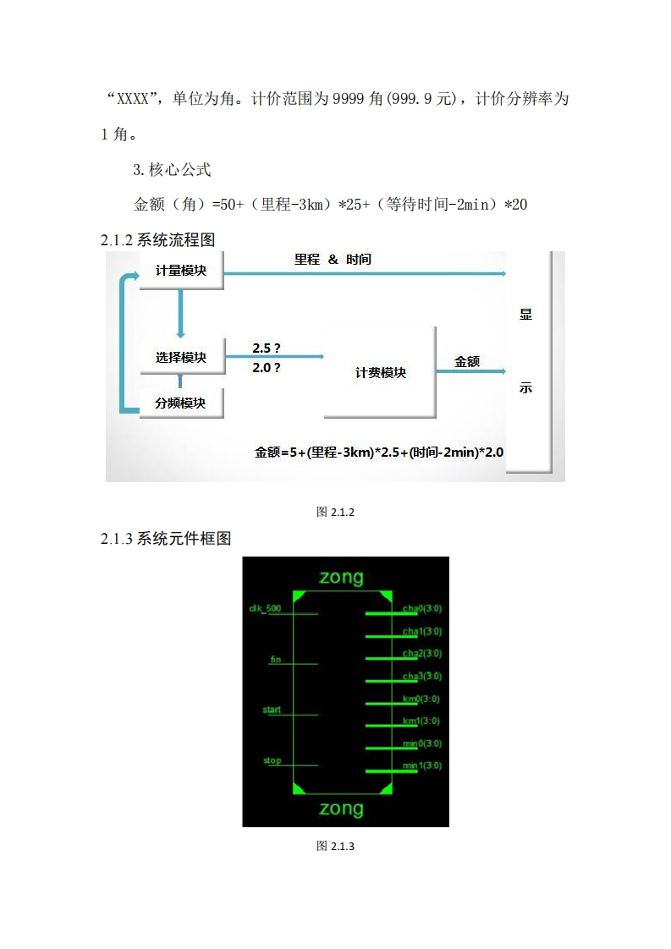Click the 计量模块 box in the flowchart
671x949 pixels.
[181, 271]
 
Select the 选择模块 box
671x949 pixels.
[181, 358]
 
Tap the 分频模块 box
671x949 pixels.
[181, 403]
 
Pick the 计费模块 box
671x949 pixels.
[380, 372]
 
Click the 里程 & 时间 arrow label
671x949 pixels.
[333, 260]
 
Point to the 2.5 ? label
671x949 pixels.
[267, 348]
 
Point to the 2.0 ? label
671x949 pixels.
[267, 368]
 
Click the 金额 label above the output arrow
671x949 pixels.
[467, 361]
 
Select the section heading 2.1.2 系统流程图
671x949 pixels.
[158, 240]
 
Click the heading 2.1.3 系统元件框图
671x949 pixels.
[166, 539]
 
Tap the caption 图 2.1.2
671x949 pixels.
[335, 512]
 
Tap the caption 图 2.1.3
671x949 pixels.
[335, 846]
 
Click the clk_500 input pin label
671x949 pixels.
[264, 608]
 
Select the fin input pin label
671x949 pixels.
[275, 659]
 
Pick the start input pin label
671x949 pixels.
[272, 710]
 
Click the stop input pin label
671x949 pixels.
[272, 760]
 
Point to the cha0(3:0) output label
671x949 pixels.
[421, 609]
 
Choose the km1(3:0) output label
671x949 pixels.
[421, 721]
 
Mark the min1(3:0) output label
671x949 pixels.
[421, 765]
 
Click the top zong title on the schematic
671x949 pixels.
[341, 578]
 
